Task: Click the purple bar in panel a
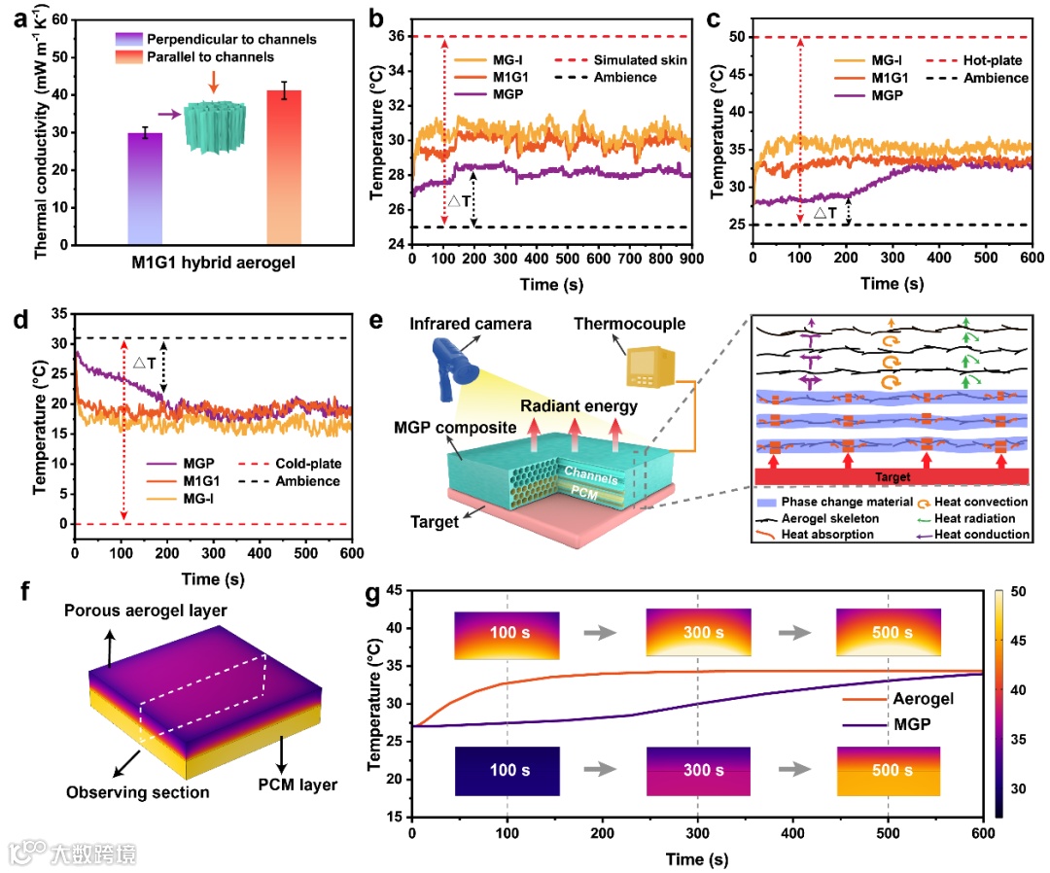pos(145,188)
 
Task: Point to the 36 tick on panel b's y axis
pos(395,37)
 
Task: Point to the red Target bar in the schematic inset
pos(892,476)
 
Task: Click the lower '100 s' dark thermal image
pos(507,771)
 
